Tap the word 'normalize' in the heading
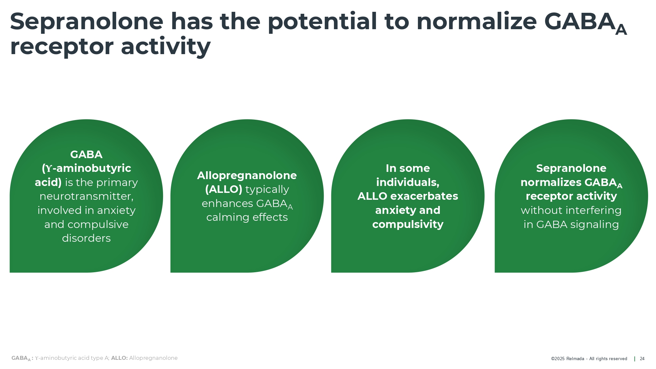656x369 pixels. click(x=477, y=22)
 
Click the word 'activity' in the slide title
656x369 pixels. click(x=166, y=47)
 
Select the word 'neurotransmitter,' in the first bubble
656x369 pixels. click(x=87, y=196)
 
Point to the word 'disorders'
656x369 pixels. click(x=86, y=238)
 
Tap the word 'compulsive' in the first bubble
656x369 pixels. click(x=98, y=224)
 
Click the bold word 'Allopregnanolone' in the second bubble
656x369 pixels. click(x=247, y=176)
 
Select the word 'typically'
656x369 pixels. click(x=267, y=190)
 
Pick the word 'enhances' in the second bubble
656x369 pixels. click(x=227, y=204)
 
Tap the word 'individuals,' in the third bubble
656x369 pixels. click(x=408, y=182)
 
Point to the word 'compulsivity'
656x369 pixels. click(x=408, y=225)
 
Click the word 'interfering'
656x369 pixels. click(x=593, y=211)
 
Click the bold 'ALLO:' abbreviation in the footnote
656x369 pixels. click(x=119, y=358)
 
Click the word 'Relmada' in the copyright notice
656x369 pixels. click(x=575, y=359)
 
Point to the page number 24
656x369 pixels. click(x=642, y=359)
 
